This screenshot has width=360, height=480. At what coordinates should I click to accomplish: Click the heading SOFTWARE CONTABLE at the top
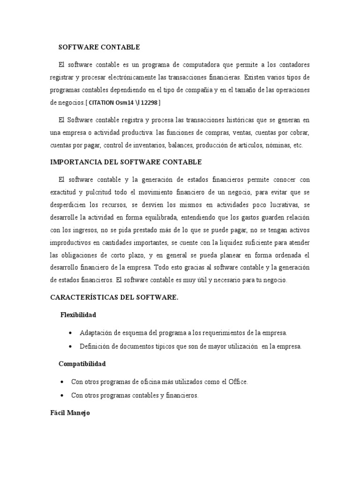[x=99, y=47]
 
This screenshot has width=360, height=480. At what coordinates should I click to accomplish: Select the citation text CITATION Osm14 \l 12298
[x=125, y=102]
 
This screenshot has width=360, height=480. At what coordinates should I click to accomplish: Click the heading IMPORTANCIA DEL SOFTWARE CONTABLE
[x=126, y=162]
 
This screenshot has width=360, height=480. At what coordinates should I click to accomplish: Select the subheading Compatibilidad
[x=82, y=364]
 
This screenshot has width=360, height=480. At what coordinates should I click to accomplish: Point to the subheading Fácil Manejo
[x=70, y=413]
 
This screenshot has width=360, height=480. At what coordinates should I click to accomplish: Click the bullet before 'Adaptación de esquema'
[x=70, y=333]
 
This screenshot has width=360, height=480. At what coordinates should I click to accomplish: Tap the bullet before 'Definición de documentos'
[x=70, y=346]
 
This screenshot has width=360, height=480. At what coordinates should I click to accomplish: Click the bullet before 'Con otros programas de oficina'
[x=62, y=382]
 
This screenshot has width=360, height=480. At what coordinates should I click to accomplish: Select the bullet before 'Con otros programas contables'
[x=62, y=396]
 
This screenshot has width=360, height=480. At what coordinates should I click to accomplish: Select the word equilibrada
[x=151, y=217]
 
